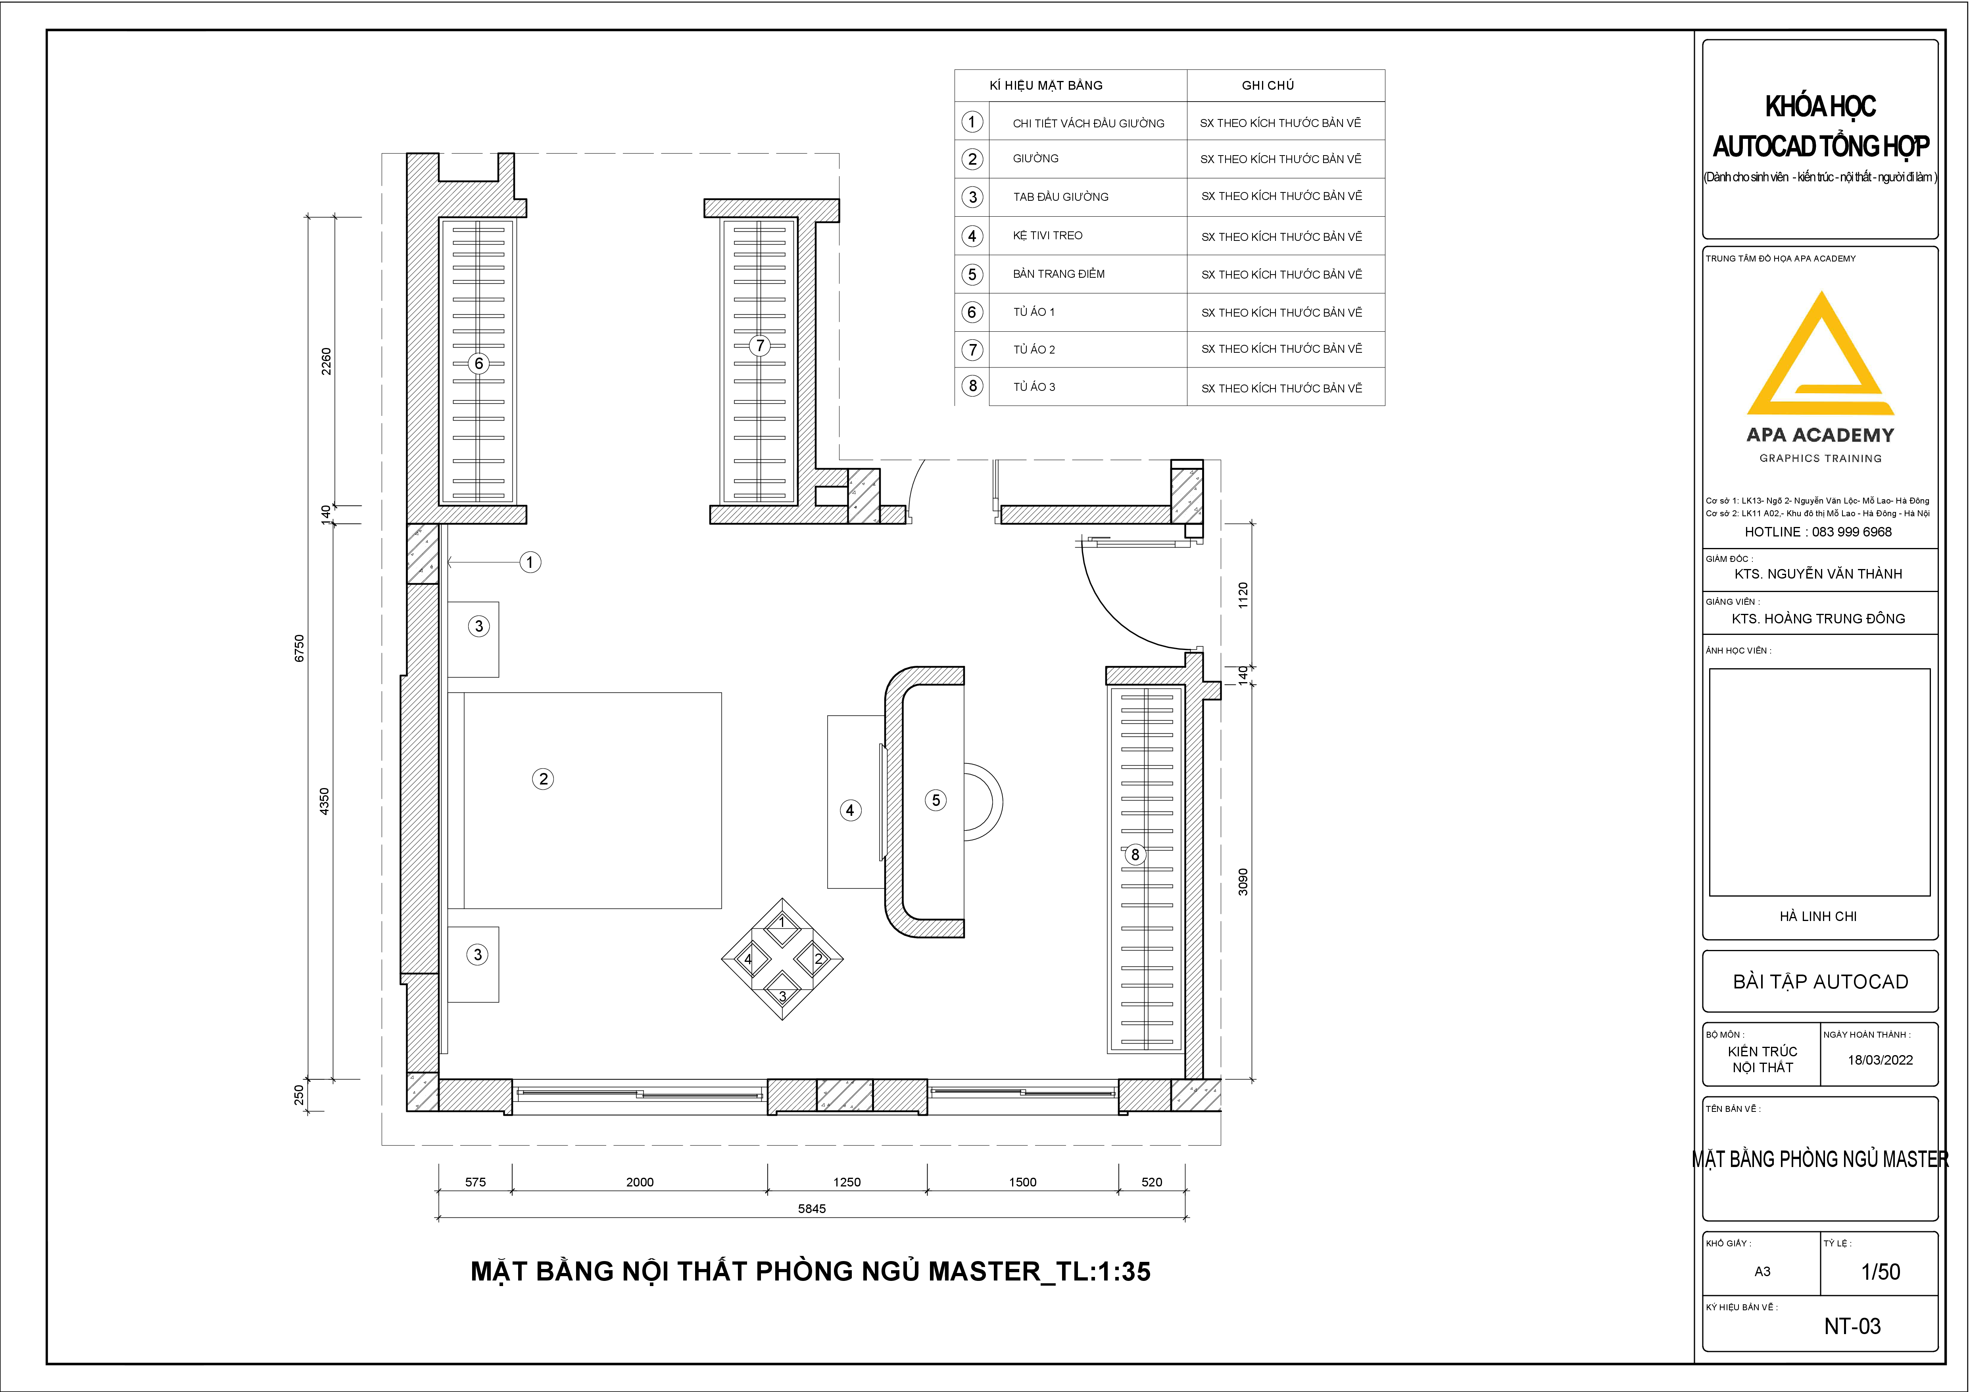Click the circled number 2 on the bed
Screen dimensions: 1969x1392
[543, 779]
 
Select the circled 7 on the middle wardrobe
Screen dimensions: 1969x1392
[759, 346]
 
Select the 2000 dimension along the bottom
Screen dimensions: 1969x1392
[640, 1182]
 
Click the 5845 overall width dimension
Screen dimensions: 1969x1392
[812, 1208]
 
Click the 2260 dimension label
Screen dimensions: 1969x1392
[326, 361]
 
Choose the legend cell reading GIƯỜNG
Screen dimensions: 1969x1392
[1036, 159]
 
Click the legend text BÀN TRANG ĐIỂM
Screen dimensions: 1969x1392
[1059, 273]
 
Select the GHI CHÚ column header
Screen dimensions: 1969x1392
[1268, 85]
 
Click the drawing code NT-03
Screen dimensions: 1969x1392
[1852, 1326]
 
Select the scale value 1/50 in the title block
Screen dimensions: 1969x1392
[1881, 1272]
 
